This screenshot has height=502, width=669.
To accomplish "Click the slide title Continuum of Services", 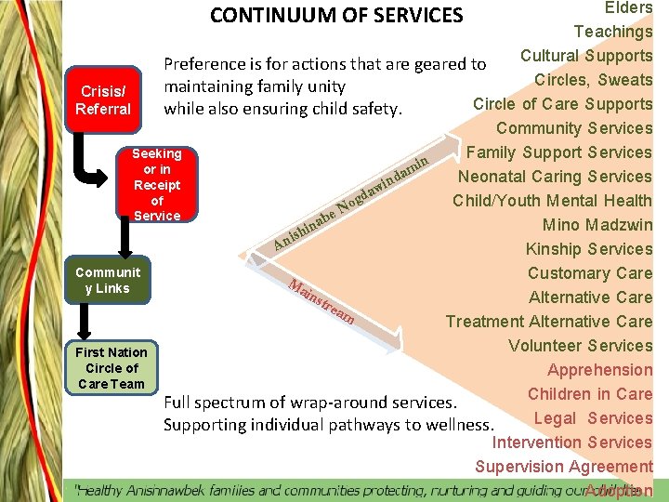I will point(336,16).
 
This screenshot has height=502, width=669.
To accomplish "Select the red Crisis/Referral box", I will point(105,100).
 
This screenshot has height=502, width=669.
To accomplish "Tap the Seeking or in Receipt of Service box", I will point(157,184).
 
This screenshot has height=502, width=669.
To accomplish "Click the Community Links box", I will point(109,281).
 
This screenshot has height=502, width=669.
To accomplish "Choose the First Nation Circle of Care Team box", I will point(111,368).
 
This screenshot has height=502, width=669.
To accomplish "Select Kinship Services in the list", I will point(589,249).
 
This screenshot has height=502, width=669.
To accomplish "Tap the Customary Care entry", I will point(590,273).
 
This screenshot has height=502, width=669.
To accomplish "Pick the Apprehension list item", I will point(599,370).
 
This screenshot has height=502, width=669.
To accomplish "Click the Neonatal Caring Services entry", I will point(555,177).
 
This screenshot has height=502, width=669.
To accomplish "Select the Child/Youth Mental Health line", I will point(552,201).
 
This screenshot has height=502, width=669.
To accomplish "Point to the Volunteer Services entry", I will point(580,346).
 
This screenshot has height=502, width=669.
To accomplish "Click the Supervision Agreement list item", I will point(564,467).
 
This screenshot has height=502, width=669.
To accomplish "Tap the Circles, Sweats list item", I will point(593,80).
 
